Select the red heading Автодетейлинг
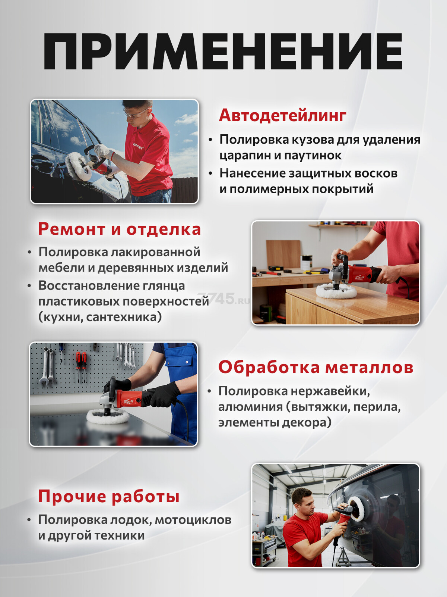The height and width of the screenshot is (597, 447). (282, 115)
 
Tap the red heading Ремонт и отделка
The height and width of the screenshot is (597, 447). (120, 229)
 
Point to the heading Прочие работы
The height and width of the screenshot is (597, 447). (108, 496)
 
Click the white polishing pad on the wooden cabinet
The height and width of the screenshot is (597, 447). (336, 291)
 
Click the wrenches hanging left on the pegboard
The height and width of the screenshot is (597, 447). (48, 365)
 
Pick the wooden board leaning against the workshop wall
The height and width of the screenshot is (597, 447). (283, 254)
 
